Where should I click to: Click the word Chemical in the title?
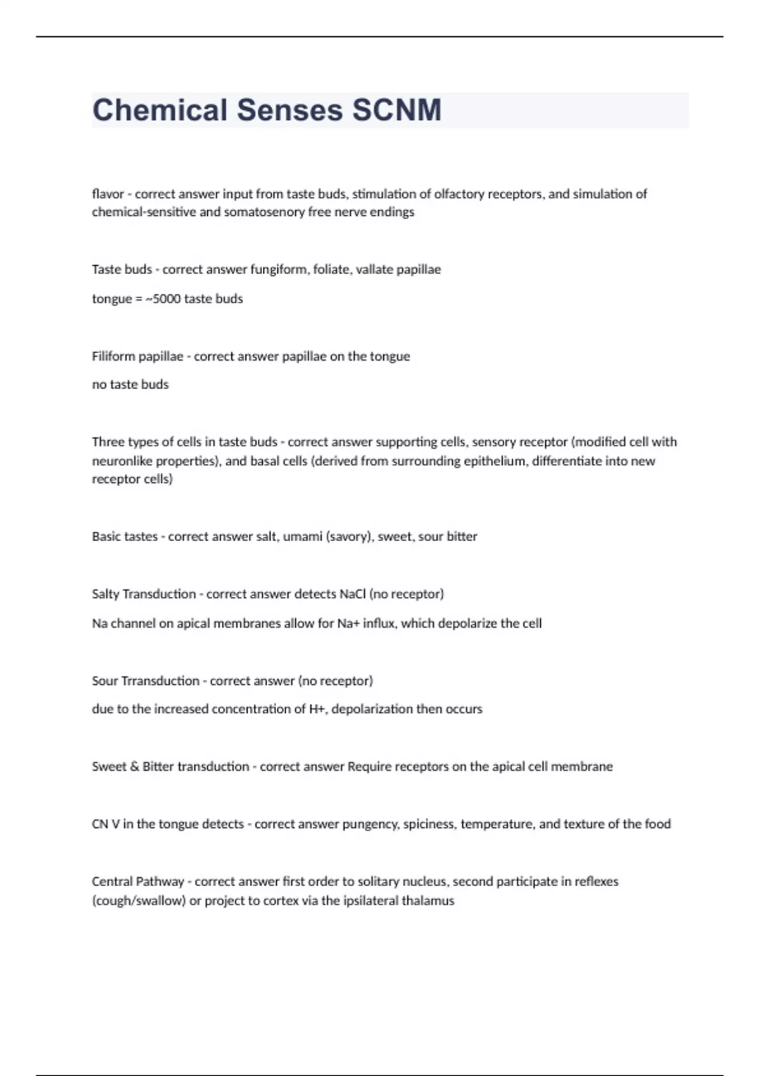point(160,110)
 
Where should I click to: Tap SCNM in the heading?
point(396,110)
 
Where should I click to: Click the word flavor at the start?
point(108,194)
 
